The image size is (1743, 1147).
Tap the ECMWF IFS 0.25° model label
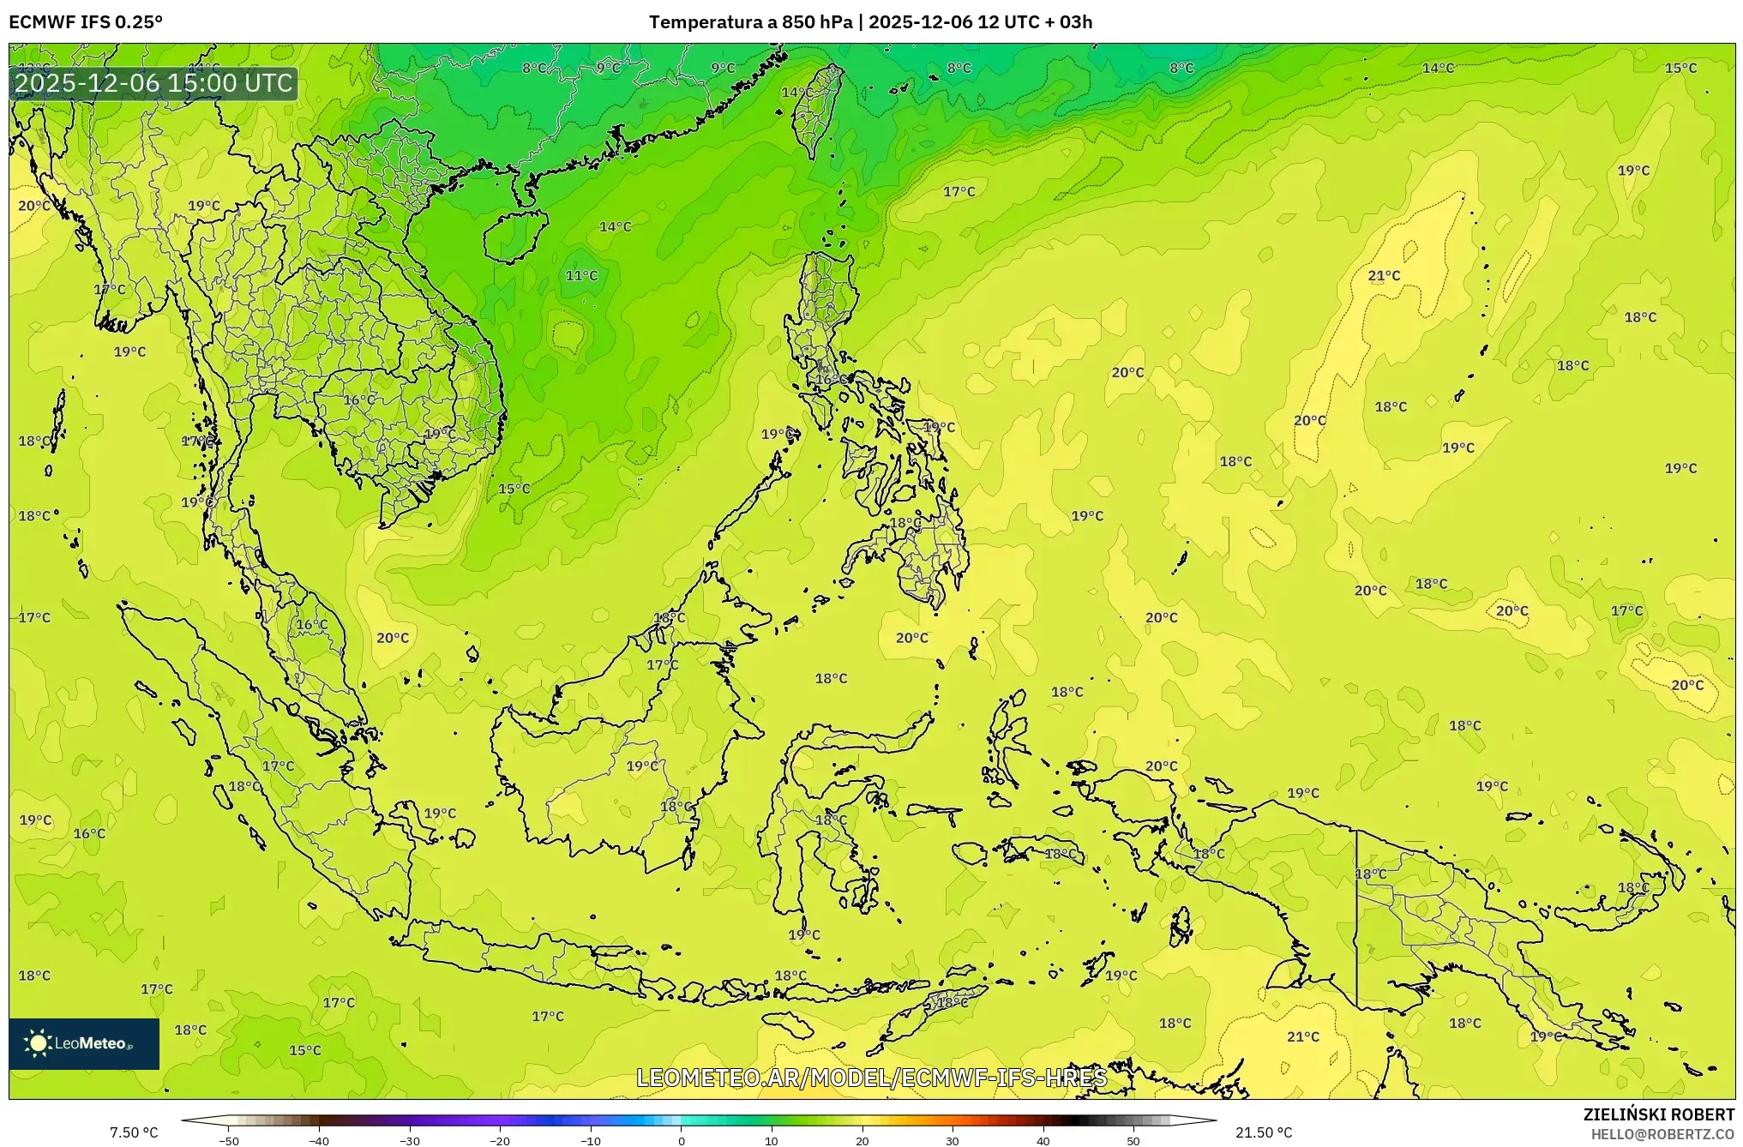tap(86, 22)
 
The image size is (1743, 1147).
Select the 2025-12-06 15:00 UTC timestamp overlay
tap(154, 83)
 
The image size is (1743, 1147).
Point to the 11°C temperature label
tap(581, 276)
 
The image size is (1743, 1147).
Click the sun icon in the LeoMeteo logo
tap(38, 1043)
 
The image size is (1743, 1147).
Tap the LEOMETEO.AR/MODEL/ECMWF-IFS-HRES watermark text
tap(871, 1078)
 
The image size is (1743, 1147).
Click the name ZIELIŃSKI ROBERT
tap(1658, 1114)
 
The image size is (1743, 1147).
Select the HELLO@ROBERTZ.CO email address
tap(1662, 1134)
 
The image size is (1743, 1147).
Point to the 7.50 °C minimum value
tap(134, 1132)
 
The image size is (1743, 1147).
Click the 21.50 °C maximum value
tap(1263, 1132)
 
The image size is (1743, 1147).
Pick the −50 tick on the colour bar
tap(229, 1141)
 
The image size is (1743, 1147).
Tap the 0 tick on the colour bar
tap(682, 1141)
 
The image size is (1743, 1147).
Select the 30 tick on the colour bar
tap(953, 1141)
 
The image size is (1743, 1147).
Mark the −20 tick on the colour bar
tap(500, 1141)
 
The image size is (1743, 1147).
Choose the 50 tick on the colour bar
tap(1133, 1141)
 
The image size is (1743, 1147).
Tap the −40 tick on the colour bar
tap(319, 1141)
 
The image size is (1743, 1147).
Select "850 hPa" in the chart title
tap(817, 22)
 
